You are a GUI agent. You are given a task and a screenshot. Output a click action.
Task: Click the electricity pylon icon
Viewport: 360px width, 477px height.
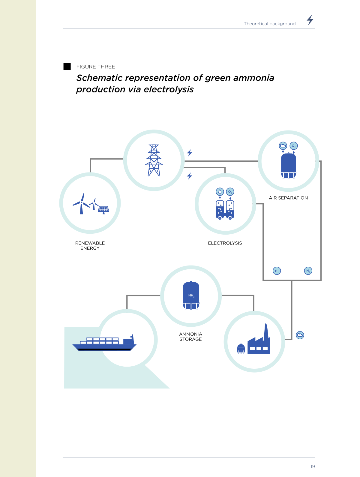click(x=154, y=160)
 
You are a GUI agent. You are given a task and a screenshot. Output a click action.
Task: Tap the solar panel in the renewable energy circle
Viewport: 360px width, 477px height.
click(x=103, y=210)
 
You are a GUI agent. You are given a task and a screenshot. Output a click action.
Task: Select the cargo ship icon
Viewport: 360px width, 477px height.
click(x=104, y=343)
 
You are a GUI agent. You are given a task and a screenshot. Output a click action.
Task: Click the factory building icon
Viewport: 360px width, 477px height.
click(x=259, y=339)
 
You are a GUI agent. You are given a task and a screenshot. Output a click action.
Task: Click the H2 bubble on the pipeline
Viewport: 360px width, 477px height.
click(x=277, y=271)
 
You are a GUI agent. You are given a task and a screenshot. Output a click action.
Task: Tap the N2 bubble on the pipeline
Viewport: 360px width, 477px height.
click(x=308, y=271)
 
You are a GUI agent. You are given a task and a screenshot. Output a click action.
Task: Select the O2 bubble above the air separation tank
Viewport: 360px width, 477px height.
click(x=293, y=146)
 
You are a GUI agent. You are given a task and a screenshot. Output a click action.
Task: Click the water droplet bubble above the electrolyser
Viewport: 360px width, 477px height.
click(x=220, y=192)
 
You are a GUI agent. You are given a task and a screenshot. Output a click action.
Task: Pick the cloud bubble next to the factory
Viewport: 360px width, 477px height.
click(x=300, y=335)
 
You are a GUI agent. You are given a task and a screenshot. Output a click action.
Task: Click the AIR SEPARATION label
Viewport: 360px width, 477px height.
click(x=288, y=198)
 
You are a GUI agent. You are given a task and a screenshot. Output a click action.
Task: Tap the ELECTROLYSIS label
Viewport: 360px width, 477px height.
click(x=225, y=243)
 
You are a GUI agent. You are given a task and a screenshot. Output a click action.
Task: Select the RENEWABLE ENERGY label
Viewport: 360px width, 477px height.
click(x=90, y=246)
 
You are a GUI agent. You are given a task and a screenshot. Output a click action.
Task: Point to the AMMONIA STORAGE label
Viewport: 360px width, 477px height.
click(x=190, y=337)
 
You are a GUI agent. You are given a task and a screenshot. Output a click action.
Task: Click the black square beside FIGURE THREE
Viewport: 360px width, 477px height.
click(x=67, y=67)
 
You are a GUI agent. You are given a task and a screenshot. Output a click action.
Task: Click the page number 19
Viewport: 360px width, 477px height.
click(x=312, y=466)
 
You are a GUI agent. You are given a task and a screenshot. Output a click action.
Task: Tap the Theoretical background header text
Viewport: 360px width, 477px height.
click(x=270, y=23)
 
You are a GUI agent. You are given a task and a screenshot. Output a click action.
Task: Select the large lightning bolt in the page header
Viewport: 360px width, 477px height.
click(x=310, y=20)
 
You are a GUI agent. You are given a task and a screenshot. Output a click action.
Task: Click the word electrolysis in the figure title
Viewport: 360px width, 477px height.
click(x=169, y=89)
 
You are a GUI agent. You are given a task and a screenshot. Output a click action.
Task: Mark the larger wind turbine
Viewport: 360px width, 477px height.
click(x=81, y=204)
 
